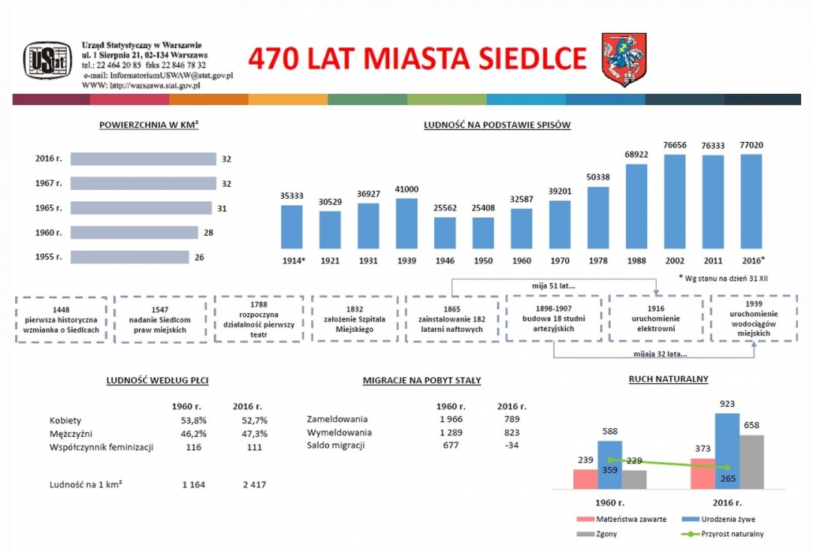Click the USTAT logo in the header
[47, 61]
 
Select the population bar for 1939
[406, 224]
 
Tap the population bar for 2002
[675, 202]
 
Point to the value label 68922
[636, 155]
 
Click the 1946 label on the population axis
[445, 260]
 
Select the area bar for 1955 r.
[129, 257]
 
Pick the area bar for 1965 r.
[141, 207]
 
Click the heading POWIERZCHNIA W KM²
[149, 125]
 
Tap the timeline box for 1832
[354, 319]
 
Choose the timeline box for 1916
[656, 319]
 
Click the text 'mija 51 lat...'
[553, 285]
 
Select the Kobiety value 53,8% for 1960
[193, 420]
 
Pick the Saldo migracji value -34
[511, 446]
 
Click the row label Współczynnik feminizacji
[102, 447]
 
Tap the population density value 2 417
[254, 485]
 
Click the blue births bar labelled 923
[727, 451]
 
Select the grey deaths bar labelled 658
[751, 462]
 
